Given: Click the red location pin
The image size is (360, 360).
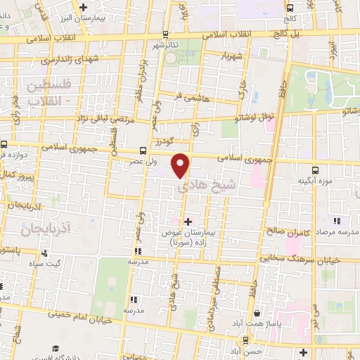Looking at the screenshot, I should click(181, 165).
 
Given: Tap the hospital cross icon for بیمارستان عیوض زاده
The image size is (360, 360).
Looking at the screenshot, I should click(187, 222).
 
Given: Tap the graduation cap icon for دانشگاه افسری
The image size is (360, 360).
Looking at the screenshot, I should click(55, 349).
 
